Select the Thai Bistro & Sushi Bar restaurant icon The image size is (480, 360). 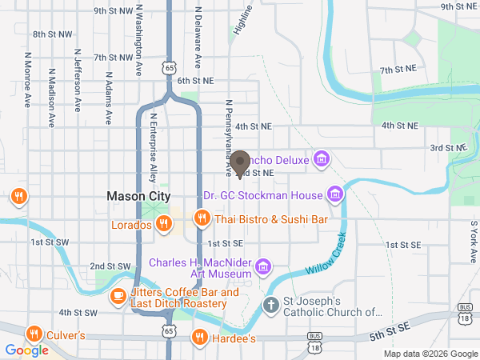[202, 218]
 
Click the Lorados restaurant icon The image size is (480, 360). [163, 224]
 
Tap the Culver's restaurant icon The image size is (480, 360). [33, 334]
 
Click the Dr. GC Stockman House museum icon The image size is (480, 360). [335, 194]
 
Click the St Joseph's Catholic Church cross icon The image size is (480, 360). [272, 305]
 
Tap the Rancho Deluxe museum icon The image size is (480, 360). [322, 159]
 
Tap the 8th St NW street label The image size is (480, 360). [52, 35]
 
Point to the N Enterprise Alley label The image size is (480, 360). [154, 147]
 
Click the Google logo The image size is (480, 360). [26, 350]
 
